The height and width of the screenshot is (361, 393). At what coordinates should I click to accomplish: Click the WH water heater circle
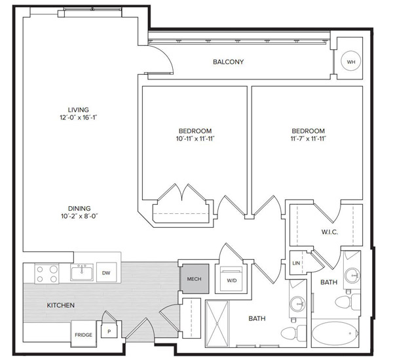coord(351,62)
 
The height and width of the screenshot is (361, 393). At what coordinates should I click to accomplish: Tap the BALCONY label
coord(228,62)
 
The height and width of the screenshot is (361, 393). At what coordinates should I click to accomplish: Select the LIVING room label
coord(78,110)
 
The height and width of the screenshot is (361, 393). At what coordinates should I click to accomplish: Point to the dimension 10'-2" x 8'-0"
coord(79,216)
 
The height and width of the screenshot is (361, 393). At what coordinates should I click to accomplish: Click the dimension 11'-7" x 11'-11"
coord(308,138)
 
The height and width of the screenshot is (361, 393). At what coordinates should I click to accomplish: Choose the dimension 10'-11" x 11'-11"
coord(195,138)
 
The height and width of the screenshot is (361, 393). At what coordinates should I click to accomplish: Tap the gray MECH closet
coord(195,279)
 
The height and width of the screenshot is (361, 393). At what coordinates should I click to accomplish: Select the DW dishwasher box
coord(107,272)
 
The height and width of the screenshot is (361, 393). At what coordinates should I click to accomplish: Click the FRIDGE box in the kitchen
coord(83,333)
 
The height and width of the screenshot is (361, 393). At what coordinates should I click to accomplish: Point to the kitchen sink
coord(82,272)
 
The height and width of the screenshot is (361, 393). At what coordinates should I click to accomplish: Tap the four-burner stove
coord(47,274)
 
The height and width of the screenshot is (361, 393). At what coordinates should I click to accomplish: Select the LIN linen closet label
coord(296,263)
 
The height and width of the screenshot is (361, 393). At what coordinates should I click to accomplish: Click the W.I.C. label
coord(329,232)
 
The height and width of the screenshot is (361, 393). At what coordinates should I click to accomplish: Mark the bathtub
coord(335,333)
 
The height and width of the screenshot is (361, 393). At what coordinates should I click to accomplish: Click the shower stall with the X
coord(217,324)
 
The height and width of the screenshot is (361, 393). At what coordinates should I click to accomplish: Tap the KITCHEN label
coord(61,305)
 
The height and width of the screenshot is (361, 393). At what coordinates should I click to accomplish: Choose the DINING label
coord(79,209)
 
